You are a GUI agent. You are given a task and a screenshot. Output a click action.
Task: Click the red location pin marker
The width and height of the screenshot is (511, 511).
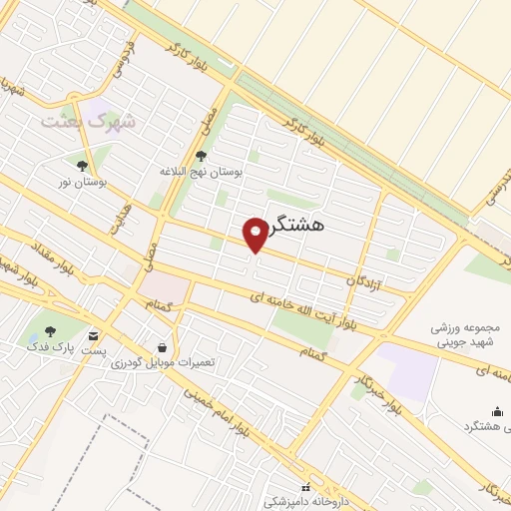[x=257, y=233]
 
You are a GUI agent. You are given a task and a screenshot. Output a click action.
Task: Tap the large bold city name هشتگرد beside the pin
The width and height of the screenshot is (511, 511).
[x=311, y=228]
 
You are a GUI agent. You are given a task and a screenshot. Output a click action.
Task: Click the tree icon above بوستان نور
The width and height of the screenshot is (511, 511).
[x=82, y=165]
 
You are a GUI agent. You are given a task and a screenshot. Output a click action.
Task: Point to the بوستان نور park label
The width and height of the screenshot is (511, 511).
[x=81, y=183]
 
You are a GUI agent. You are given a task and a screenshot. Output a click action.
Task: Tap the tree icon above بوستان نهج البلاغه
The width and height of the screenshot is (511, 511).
[x=202, y=155]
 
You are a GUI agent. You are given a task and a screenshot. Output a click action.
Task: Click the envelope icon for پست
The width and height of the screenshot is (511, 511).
[x=94, y=335]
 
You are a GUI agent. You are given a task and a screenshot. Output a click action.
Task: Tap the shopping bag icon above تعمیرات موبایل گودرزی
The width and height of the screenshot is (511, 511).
[x=161, y=346]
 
